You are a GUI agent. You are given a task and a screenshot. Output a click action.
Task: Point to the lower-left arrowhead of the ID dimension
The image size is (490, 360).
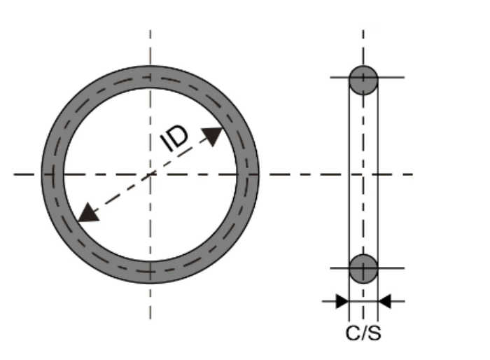coord(87,212)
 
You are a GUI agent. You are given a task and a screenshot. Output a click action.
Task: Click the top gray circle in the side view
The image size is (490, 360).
coord(363,80)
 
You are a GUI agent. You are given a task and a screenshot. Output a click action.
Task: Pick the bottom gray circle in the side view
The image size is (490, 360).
coord(363,268)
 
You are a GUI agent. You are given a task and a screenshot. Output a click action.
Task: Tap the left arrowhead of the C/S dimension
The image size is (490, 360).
coord(342,302)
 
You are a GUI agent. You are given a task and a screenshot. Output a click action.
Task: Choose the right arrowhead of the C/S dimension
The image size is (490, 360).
coord(385,302)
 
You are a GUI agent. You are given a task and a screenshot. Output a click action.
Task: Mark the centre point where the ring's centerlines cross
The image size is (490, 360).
coord(150,174)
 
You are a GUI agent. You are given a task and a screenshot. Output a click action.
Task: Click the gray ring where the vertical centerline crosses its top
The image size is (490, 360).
coord(150,77)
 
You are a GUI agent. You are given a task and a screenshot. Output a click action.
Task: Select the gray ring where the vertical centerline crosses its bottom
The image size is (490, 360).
coord(150,271)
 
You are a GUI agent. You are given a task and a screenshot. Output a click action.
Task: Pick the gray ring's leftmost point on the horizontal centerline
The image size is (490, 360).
coord(52,174)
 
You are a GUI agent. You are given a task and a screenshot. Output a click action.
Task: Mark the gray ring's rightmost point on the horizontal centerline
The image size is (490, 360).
coord(247,174)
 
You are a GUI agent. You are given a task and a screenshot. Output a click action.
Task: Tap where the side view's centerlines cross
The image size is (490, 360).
coord(363,174)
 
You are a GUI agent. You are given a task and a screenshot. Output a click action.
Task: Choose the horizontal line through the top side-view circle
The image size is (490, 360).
coord(392,77)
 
